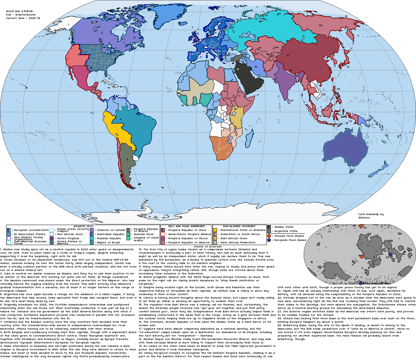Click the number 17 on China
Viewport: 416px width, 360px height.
pyautogui.click(x=288, y=55)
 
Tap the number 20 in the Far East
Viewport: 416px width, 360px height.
pyautogui.click(x=321, y=25)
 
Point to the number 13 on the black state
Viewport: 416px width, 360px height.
pyautogui.click(x=238, y=70)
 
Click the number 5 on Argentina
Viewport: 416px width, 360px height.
pyautogui.click(x=127, y=159)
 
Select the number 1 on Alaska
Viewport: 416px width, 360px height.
pyautogui.click(x=68, y=25)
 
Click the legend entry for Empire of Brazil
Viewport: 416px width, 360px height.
pyautogui.click(x=107, y=242)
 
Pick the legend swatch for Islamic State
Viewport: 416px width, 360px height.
pyautogui.click(x=269, y=227)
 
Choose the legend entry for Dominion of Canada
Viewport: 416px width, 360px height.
pyautogui.click(x=111, y=230)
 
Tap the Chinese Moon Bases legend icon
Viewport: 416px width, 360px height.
pyautogui.click(x=269, y=236)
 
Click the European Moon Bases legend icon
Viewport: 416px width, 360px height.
pyautogui.click(x=269, y=240)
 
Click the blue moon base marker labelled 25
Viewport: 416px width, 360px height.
pyautogui.click(x=390, y=254)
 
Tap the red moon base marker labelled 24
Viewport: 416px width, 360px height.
pyautogui.click(x=361, y=226)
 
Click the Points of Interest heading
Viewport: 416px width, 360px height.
pyautogui.click(x=208, y=246)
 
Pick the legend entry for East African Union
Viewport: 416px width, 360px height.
pyautogui.click(x=234, y=238)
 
